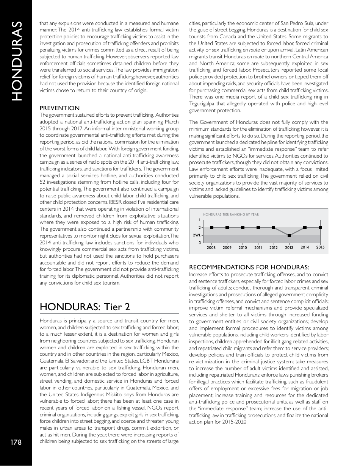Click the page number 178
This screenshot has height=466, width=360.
pyautogui.click(x=16, y=442)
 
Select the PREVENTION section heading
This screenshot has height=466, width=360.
pyautogui.click(x=59, y=108)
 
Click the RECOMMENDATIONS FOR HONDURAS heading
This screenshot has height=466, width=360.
pyautogui.click(x=249, y=267)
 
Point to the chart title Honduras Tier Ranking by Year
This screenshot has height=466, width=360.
pyautogui.click(x=231, y=214)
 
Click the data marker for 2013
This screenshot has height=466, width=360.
pyautogui.click(x=289, y=235)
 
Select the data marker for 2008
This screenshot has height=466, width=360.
pyautogui.click(x=211, y=228)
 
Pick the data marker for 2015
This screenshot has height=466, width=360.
pyautogui.click(x=320, y=227)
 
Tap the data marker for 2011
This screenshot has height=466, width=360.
pyautogui.click(x=258, y=228)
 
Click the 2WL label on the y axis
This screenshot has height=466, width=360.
pyautogui.click(x=196, y=235)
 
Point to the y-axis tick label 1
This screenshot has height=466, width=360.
pyautogui.click(x=200, y=220)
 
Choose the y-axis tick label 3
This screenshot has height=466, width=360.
pyautogui.click(x=200, y=243)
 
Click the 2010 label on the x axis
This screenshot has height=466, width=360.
pyautogui.click(x=243, y=247)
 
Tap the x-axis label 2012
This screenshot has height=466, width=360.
pyautogui.click(x=274, y=247)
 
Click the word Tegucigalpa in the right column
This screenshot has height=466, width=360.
pyautogui.click(x=204, y=104)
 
